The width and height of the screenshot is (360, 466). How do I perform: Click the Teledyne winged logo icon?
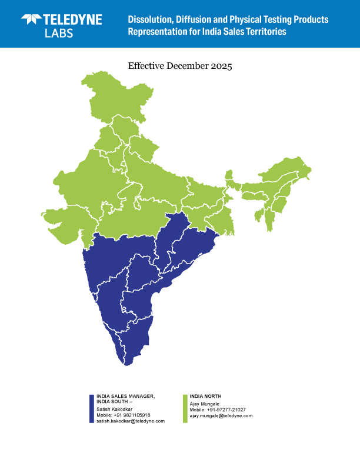pyautogui.click(x=32, y=19)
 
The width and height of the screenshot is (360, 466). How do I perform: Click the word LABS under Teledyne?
pyautogui.click(x=59, y=33)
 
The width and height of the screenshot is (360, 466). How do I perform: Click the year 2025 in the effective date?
pyautogui.click(x=221, y=66)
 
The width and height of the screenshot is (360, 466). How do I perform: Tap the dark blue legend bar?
pyautogui.click(x=92, y=409)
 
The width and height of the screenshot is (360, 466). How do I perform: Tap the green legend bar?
pyautogui.click(x=185, y=409)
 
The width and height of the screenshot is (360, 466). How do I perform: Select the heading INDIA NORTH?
pyautogui.click(x=205, y=397)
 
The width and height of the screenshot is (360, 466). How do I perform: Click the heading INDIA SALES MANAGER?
pyautogui.click(x=125, y=397)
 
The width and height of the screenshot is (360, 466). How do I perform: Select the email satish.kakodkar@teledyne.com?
pyautogui.click(x=130, y=421)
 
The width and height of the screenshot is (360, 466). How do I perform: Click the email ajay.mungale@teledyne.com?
pyautogui.click(x=221, y=415)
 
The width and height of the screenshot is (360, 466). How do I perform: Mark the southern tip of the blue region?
pyautogui.click(x=126, y=364)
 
